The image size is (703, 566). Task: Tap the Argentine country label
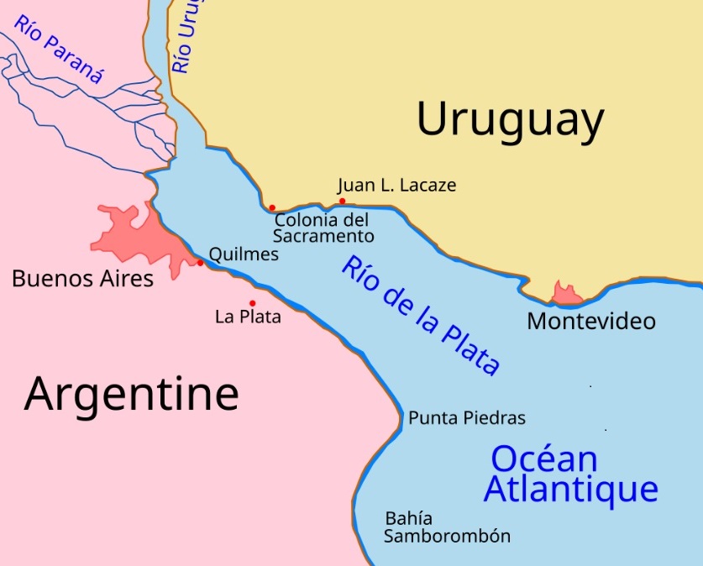click(x=131, y=393)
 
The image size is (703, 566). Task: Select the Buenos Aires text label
click(x=82, y=278)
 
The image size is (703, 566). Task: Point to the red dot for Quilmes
click(x=200, y=263)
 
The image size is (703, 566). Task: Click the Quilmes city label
click(x=243, y=253)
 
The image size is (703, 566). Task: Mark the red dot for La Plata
click(x=252, y=303)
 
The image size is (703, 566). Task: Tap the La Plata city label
click(x=248, y=317)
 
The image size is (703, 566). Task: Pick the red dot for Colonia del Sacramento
click(x=272, y=207)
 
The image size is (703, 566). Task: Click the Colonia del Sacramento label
click(x=323, y=228)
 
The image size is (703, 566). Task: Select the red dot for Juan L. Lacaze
click(x=342, y=201)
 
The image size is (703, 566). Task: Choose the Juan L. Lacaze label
click(x=396, y=185)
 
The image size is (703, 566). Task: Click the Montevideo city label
click(x=591, y=321)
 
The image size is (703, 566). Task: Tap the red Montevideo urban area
click(x=567, y=294)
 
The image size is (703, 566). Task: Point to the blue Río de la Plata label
click(x=420, y=315)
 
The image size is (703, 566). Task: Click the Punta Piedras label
click(x=466, y=417)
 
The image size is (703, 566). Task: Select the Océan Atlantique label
click(x=569, y=474)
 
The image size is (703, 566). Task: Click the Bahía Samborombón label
click(x=447, y=527)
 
